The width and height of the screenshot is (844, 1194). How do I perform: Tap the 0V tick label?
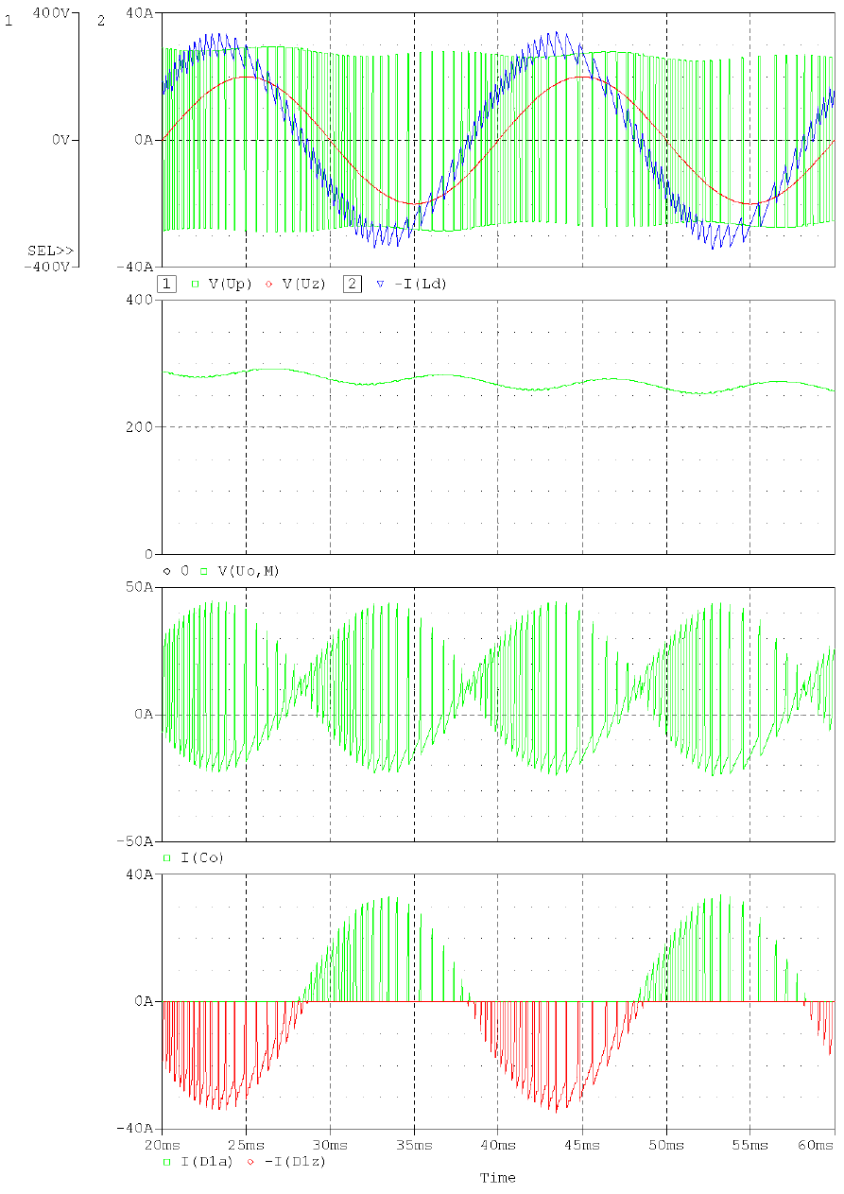(60, 140)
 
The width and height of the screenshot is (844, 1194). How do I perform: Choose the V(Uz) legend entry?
(302, 284)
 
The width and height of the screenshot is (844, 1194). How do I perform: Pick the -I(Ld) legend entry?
(419, 284)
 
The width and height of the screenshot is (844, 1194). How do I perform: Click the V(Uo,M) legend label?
(248, 571)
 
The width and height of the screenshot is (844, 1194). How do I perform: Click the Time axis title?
(497, 1178)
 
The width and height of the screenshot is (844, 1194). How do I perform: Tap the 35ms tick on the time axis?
(414, 1145)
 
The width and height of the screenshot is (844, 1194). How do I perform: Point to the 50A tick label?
(140, 588)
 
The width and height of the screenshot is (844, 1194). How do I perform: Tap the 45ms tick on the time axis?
(582, 1145)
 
